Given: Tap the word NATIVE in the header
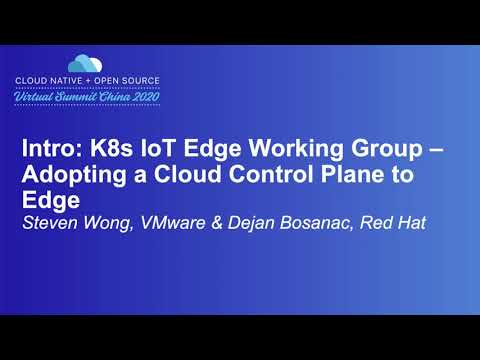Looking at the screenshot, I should (81, 80).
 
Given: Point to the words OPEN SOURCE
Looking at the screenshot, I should (132, 80).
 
